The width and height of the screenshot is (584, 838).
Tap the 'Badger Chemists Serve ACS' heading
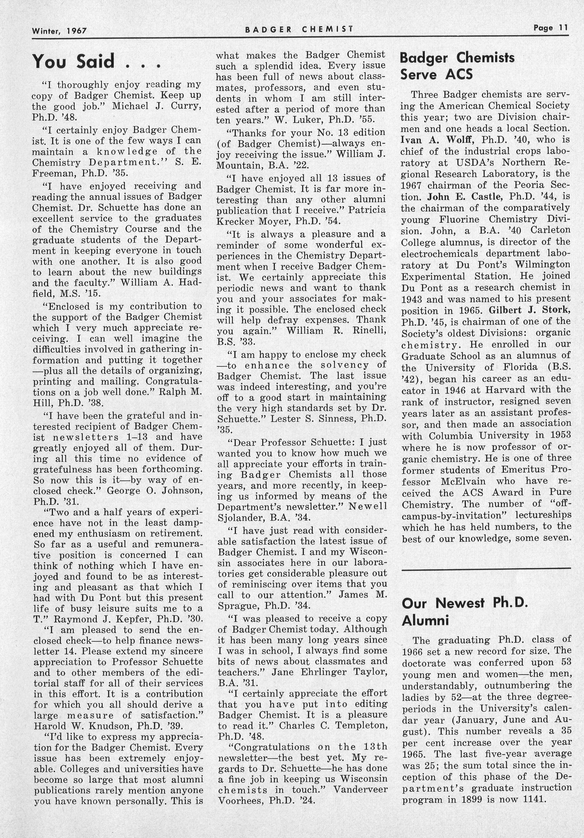(457, 66)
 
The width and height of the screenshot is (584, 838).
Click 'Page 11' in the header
(550, 28)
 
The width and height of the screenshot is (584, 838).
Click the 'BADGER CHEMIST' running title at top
(299, 30)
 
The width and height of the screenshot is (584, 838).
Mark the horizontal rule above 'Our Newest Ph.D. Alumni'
(486, 568)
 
